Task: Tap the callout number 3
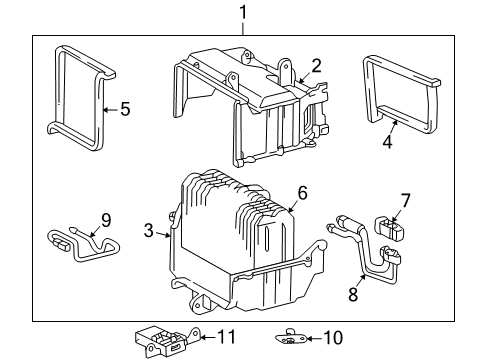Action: coord(148,232)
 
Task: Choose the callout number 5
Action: coord(124,109)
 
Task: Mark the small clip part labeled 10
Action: coord(292,339)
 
